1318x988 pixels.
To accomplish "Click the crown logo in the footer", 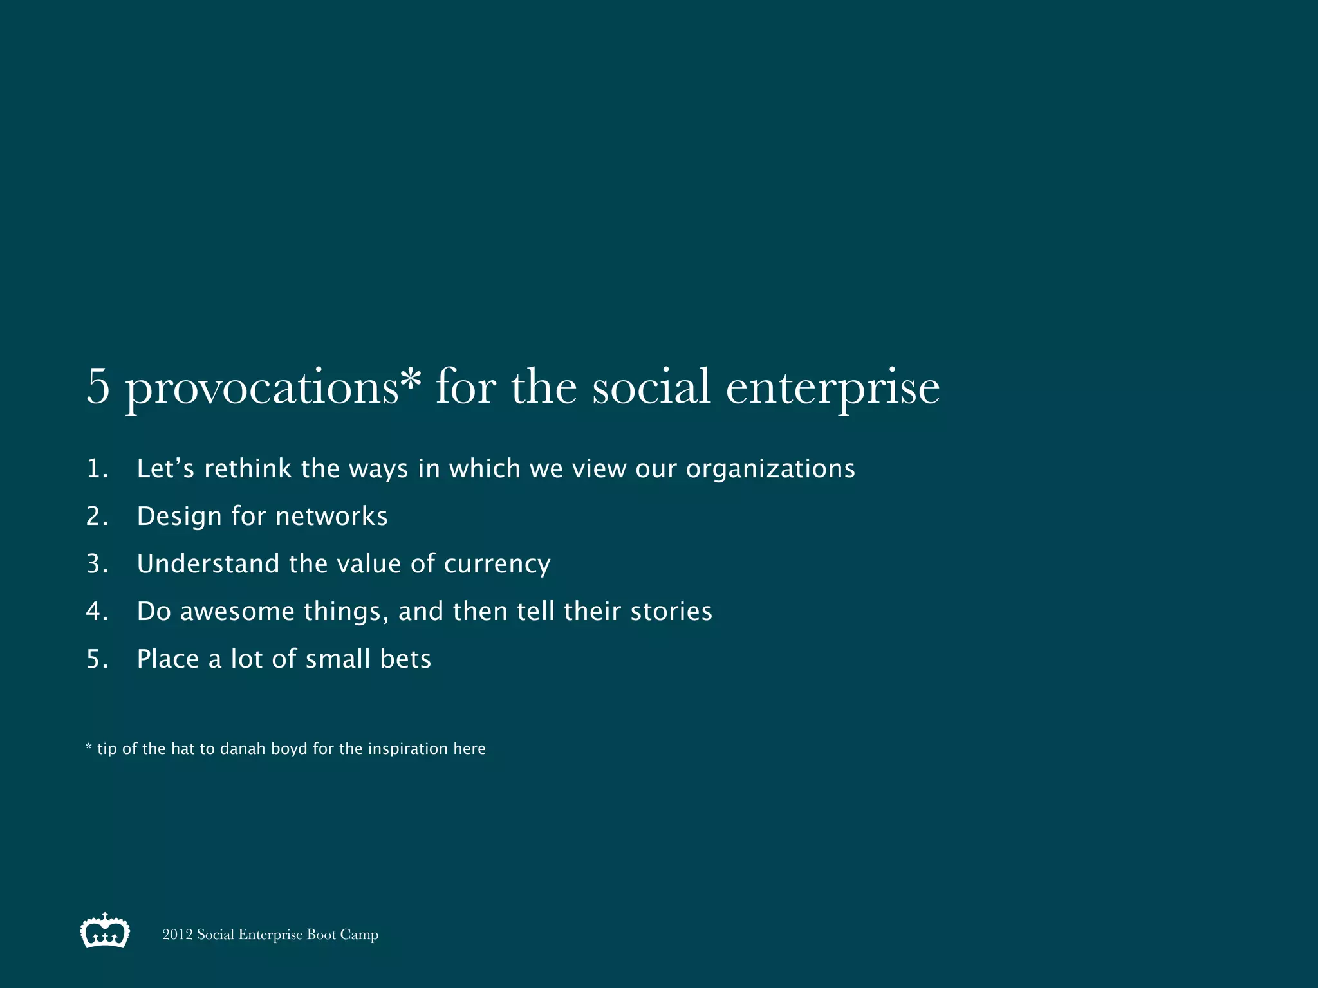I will [105, 931].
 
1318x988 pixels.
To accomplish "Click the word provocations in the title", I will [263, 388].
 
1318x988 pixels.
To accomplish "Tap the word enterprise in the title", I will [832, 388].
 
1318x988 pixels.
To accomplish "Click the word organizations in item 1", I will [770, 470].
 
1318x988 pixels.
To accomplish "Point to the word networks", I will [331, 517].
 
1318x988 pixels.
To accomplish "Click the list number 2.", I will [97, 517].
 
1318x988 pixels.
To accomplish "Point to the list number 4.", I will [97, 612].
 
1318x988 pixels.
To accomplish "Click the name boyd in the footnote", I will [289, 749].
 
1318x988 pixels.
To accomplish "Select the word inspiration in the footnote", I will [407, 749].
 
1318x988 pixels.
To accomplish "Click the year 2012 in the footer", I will [177, 935].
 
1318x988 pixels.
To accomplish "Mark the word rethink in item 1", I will [248, 469].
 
